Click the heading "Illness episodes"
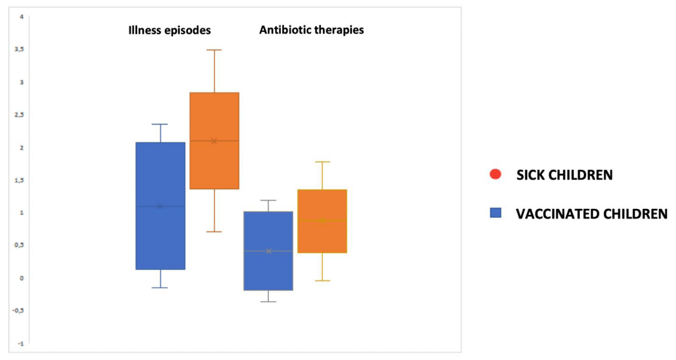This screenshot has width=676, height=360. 170,30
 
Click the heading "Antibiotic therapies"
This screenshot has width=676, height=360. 312,30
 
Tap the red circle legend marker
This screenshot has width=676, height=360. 495,174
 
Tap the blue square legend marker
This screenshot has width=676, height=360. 496,213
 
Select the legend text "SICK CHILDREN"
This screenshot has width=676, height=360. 565,175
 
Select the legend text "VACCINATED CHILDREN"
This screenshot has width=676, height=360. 592,214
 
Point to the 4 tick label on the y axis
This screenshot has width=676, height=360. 22,17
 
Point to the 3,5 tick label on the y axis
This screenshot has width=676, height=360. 19,49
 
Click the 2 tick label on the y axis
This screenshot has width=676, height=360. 22,148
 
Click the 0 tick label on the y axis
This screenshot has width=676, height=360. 22,278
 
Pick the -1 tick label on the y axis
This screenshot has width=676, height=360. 21,344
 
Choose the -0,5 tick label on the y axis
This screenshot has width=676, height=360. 18,310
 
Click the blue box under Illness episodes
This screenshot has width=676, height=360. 160,206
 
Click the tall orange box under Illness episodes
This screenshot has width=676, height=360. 214,141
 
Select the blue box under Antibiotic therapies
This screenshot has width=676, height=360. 268,251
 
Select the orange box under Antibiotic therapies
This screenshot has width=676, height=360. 322,221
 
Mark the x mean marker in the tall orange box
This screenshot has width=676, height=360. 214,141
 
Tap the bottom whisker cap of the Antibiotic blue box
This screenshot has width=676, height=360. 268,302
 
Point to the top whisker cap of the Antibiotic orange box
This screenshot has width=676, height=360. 322,162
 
